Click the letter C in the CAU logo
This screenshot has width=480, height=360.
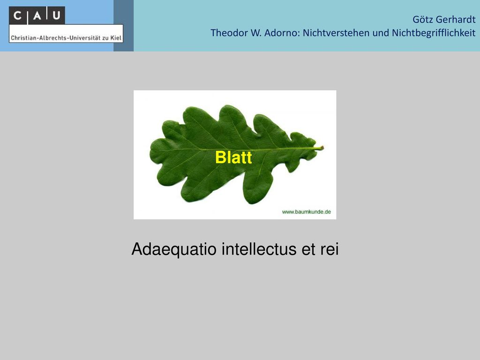(x=17, y=15)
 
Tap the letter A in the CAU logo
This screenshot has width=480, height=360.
(x=37, y=15)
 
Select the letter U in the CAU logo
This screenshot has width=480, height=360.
(x=56, y=15)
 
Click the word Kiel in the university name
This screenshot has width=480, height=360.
(x=116, y=38)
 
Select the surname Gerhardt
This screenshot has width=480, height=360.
(x=456, y=19)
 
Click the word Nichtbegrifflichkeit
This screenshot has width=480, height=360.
(x=434, y=33)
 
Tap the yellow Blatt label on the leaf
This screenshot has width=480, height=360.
(x=233, y=157)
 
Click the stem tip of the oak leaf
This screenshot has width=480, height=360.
(x=322, y=148)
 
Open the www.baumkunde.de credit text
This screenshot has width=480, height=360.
(x=307, y=212)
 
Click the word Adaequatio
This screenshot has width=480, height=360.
(x=174, y=249)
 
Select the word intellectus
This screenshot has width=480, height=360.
(x=259, y=248)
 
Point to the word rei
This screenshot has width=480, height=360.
(x=330, y=248)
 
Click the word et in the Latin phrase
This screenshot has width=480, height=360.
(x=308, y=249)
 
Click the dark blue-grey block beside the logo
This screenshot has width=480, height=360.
(x=123, y=26)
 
